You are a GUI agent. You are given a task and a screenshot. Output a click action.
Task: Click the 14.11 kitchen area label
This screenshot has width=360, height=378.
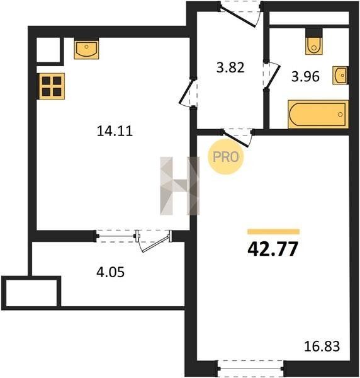[x=115, y=131]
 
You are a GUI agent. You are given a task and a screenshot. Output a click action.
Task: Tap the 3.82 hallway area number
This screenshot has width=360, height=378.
[x=230, y=67]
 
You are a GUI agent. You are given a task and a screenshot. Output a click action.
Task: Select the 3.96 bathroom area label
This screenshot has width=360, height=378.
[x=305, y=77]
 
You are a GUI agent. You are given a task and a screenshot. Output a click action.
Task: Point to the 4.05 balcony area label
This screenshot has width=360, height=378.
[x=110, y=272]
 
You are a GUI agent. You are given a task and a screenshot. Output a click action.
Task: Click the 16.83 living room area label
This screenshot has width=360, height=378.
[x=322, y=346]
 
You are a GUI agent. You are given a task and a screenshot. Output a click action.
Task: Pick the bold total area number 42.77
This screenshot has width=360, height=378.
[x=273, y=249]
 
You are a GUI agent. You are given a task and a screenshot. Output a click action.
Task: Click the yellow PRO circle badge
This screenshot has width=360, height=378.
[x=226, y=157]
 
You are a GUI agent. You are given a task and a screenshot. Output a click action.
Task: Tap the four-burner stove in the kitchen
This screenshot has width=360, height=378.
[x=52, y=86]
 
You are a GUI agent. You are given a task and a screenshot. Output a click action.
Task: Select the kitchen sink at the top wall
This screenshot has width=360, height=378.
[x=86, y=49]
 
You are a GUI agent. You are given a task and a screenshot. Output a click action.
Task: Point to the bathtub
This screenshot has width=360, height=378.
[x=318, y=114]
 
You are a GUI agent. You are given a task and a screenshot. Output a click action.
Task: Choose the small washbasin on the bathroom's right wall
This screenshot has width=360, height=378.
[x=340, y=75]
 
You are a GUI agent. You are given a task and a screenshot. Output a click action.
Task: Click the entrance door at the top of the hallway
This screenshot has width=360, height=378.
[x=240, y=14]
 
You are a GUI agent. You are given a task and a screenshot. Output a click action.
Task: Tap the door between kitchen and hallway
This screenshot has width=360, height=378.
[x=188, y=93]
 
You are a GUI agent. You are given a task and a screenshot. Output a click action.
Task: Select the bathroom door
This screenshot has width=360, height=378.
[x=271, y=75]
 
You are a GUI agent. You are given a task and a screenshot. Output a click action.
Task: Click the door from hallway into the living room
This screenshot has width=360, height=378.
[x=237, y=137]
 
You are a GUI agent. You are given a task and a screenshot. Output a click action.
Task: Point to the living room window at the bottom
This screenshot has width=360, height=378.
[x=250, y=369]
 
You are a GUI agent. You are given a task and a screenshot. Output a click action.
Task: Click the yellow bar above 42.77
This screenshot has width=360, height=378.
[x=273, y=232]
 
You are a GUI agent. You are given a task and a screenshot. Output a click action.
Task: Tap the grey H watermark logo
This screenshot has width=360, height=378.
[x=179, y=186]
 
